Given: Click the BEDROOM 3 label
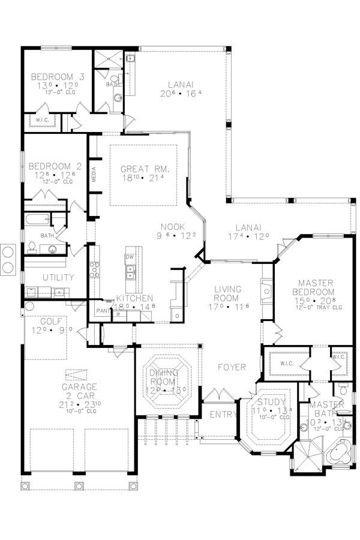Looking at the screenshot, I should (x=57, y=77).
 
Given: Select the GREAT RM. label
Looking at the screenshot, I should (x=144, y=169).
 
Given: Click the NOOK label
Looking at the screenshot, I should (x=172, y=226).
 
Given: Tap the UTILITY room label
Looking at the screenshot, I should (x=58, y=277).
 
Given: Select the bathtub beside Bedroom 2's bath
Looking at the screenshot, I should (x=37, y=220).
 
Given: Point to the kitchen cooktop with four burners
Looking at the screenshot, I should (x=94, y=271).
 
